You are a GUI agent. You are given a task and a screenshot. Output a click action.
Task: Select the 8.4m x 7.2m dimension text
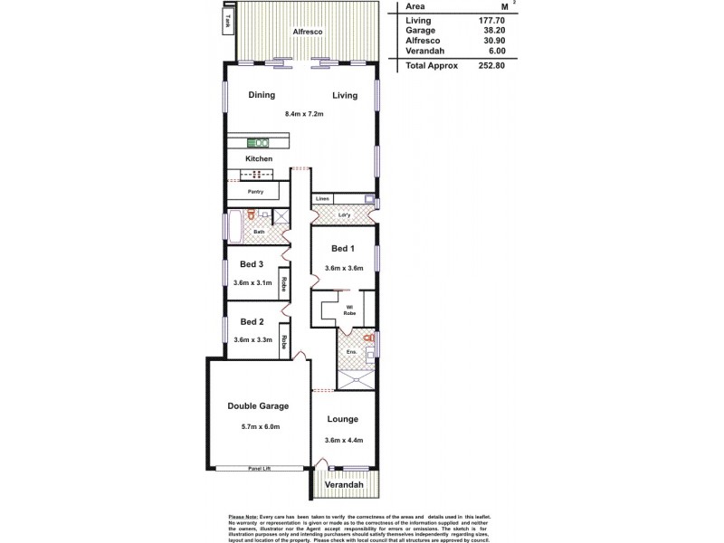pos(304,114)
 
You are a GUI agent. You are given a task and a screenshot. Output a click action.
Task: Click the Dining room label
pos(262,95)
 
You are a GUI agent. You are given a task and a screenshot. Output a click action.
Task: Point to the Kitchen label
pos(259,158)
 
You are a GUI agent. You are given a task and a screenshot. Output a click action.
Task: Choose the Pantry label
pos(256,192)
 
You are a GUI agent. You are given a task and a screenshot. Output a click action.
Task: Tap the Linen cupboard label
pos(322,198)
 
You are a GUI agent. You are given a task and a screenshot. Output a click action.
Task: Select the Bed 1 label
pos(342,248)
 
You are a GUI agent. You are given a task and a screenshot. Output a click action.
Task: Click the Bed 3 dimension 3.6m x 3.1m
pos(252,283)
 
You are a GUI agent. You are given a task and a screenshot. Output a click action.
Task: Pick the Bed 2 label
pos(252,321)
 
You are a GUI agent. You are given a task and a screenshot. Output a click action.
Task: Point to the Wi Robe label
pos(348,310)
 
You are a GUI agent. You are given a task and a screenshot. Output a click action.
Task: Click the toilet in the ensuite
pos(367,338)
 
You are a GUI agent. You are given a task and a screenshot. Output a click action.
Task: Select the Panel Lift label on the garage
pos(261,469)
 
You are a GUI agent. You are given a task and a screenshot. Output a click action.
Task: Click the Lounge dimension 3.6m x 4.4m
pos(344,440)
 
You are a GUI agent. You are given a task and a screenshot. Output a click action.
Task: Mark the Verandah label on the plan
pos(345,485)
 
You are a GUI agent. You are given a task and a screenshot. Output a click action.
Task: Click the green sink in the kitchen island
pos(258,142)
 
